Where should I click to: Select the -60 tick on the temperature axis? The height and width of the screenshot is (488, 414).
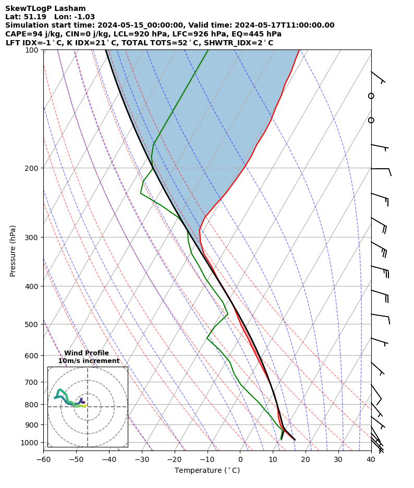point(43,459)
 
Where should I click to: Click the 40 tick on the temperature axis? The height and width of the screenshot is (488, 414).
point(371,459)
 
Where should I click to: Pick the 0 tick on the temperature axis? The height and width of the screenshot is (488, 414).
point(240,459)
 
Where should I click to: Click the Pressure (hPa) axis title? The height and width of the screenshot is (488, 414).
point(13,251)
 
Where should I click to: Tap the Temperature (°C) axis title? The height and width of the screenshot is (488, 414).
point(207,470)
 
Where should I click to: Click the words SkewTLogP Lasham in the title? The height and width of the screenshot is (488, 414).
point(45,8)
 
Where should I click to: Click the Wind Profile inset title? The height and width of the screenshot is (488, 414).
point(87,353)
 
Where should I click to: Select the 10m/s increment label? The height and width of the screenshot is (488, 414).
point(89,361)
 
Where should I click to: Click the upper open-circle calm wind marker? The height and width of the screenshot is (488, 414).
point(371,96)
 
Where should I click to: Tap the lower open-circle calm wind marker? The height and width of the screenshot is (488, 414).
point(371,120)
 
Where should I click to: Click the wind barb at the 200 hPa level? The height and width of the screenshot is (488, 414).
point(381,169)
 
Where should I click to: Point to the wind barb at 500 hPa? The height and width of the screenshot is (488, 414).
point(381,316)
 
